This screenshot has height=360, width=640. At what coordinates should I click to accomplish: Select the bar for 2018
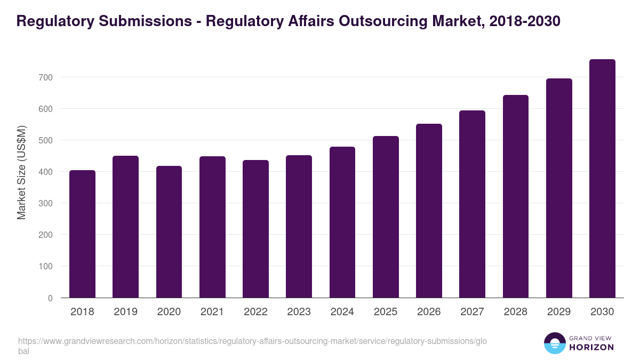(82, 234)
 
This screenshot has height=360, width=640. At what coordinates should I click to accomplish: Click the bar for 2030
(602, 179)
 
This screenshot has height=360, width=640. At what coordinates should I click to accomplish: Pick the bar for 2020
(169, 232)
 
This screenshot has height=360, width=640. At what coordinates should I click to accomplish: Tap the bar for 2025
(386, 217)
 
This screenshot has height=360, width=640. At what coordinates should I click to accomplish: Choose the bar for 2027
(472, 204)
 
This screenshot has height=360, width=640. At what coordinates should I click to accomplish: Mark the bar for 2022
(255, 229)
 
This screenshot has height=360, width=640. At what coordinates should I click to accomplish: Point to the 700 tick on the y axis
(45, 77)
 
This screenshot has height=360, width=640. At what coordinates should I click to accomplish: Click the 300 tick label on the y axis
(45, 203)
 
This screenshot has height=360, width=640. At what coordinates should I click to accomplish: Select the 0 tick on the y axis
(50, 298)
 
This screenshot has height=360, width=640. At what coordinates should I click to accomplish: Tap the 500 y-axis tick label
(45, 140)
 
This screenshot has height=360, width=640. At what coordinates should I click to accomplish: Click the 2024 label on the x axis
(342, 312)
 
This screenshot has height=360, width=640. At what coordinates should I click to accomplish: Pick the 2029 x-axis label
(559, 312)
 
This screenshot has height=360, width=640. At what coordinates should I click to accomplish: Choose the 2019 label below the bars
(125, 312)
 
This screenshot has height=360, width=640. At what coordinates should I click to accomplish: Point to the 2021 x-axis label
(212, 312)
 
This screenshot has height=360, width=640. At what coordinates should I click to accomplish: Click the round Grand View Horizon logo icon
(554, 343)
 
